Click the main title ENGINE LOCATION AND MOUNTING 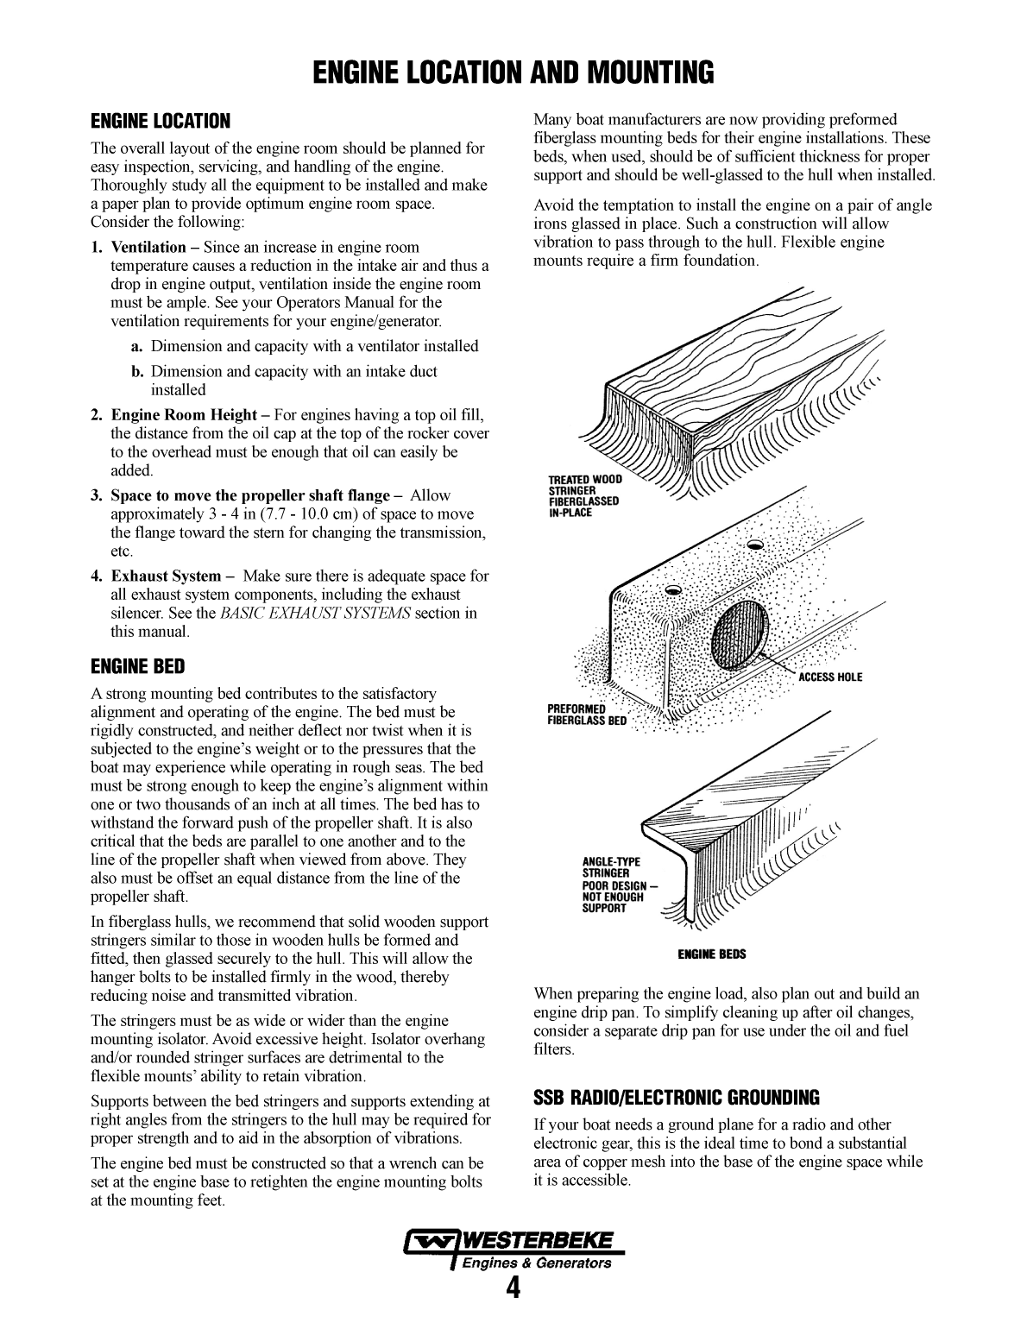click(x=513, y=72)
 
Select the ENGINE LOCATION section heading click(x=161, y=121)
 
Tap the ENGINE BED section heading click(x=138, y=666)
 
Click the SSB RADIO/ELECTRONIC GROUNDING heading click(x=677, y=1098)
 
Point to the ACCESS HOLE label click(x=829, y=677)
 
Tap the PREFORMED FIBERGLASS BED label click(x=586, y=715)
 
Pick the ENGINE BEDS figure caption click(x=711, y=954)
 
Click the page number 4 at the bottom click(x=513, y=1288)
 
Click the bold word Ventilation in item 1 click(x=148, y=248)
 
